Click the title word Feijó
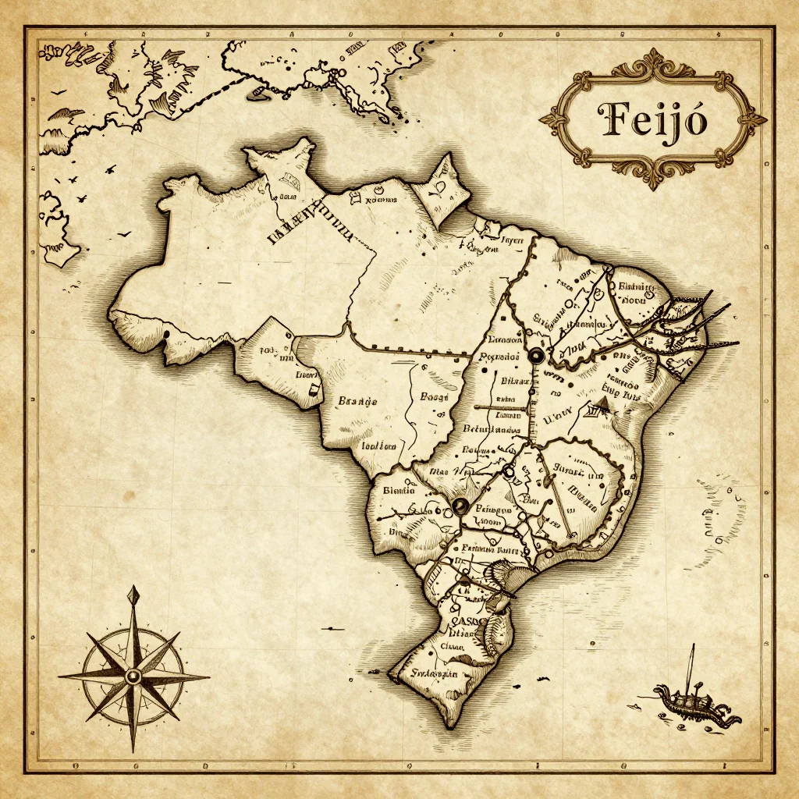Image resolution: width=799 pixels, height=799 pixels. [x=652, y=120]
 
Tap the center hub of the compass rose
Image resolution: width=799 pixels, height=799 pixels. [x=133, y=674]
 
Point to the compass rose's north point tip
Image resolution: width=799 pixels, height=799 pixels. [x=134, y=588]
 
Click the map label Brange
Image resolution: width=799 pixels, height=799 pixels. [x=358, y=401]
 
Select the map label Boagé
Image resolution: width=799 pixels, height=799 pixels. [x=435, y=396]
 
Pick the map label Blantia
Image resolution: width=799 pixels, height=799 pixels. [x=398, y=491]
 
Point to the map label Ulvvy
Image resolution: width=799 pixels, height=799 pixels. [x=557, y=417]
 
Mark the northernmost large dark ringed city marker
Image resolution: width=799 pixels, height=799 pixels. [x=536, y=356]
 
